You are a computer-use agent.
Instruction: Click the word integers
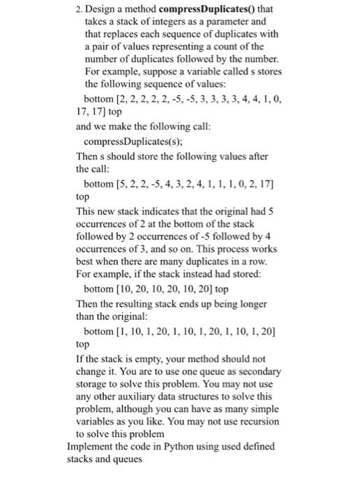(166, 22)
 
